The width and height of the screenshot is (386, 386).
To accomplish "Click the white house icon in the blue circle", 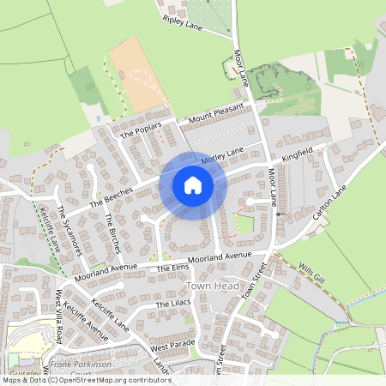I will [x=193, y=185].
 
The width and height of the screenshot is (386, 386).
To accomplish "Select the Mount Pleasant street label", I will [x=215, y=112].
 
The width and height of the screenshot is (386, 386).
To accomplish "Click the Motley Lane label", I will [x=222, y=155].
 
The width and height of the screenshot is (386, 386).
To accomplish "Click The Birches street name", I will [x=112, y=232].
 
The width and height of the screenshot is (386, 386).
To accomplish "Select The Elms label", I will [x=172, y=268].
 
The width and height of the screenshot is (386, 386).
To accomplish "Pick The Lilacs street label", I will [x=172, y=305].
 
